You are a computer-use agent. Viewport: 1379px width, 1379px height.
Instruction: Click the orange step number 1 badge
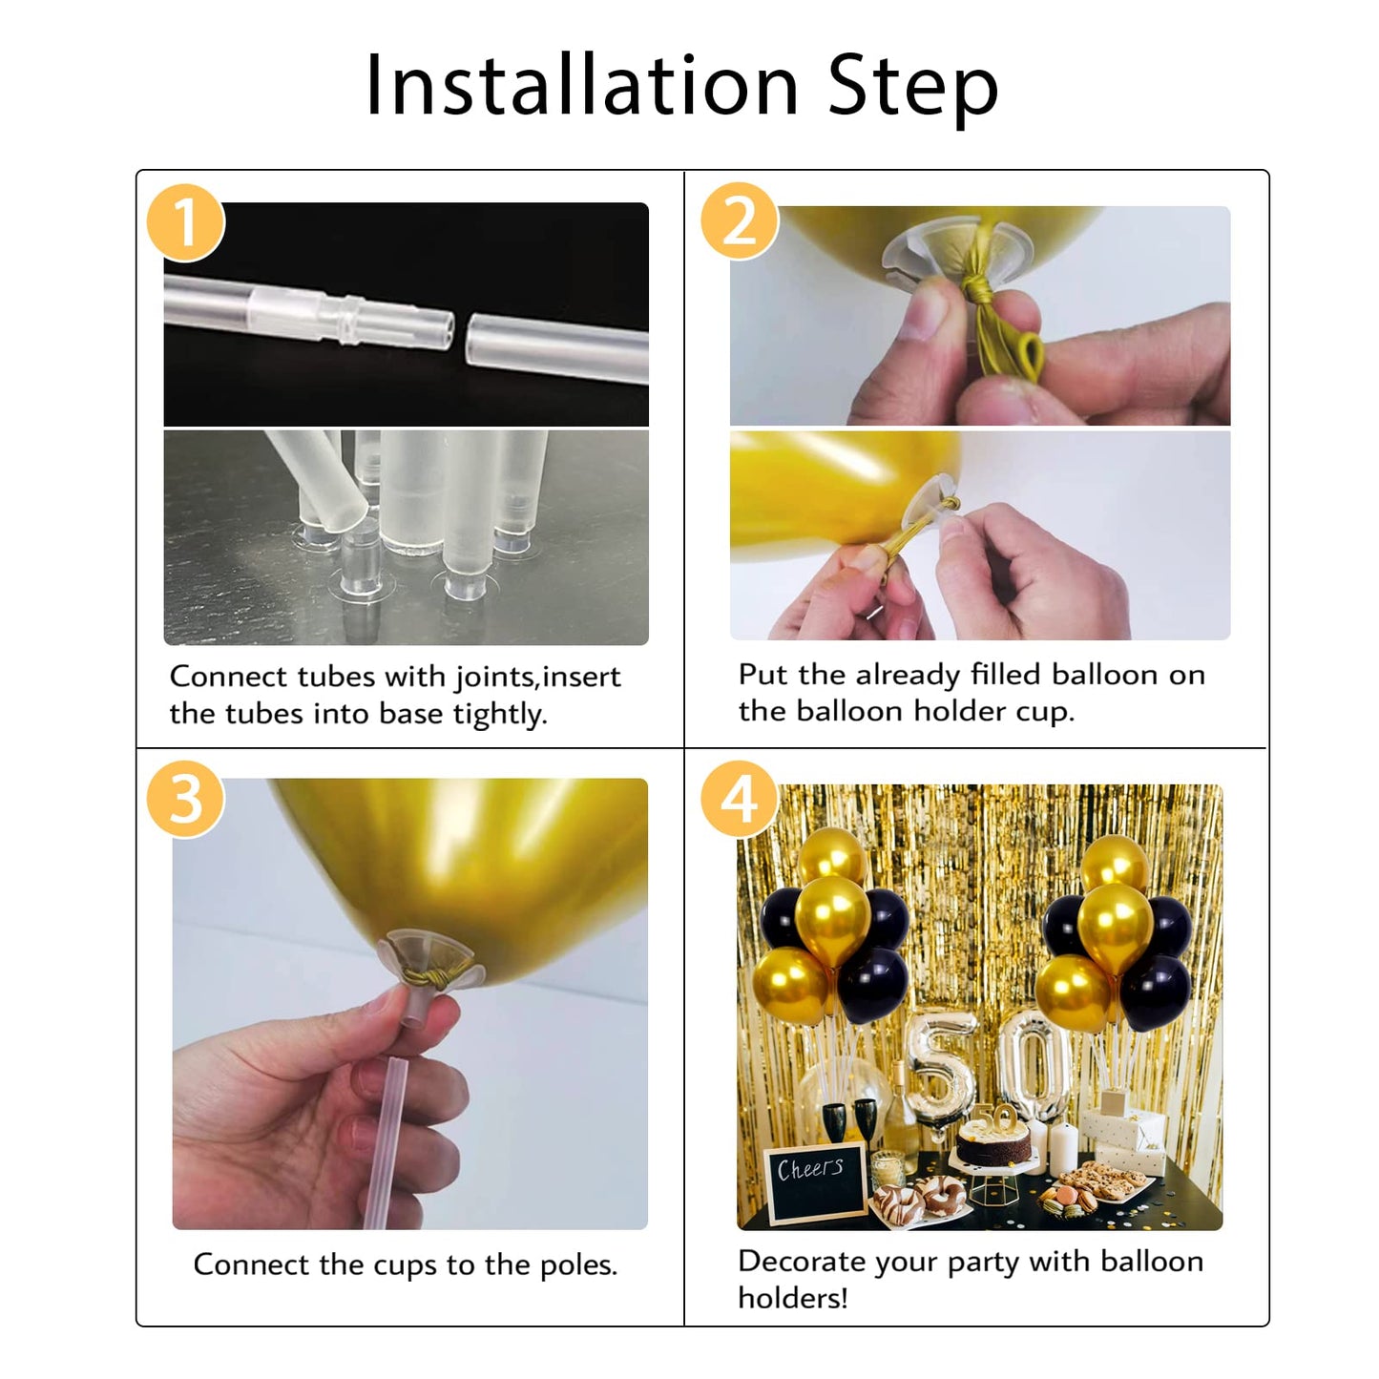coord(185,222)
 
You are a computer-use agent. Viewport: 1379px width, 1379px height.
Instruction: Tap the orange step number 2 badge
coord(740,220)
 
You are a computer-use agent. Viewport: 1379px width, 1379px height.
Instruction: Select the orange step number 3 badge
coord(185,799)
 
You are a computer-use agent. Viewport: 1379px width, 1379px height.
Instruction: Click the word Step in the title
coord(912,88)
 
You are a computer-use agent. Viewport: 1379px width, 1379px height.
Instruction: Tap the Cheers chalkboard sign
coord(814,1181)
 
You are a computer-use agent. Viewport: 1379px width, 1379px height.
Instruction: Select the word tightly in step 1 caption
coord(500,714)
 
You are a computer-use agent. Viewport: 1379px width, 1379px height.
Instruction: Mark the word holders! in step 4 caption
coord(792,1298)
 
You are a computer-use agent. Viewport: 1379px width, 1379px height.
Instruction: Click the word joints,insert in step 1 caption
coord(537,678)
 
